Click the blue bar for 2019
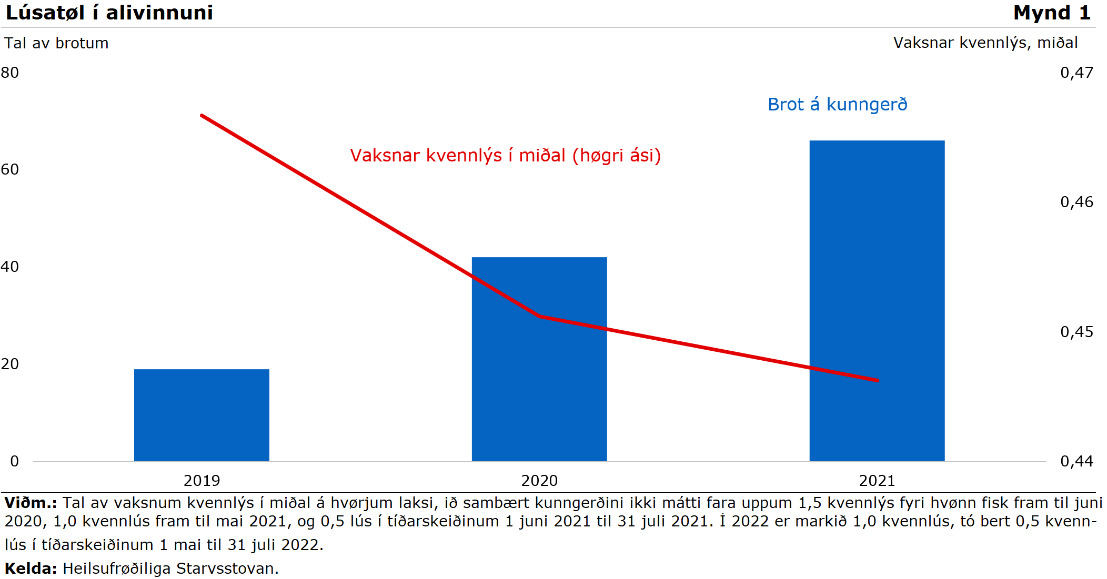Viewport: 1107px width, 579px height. tap(202, 415)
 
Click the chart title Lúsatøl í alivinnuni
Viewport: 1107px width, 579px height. tap(109, 13)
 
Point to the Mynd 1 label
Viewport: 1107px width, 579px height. tap(1052, 13)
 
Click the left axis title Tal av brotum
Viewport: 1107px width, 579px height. tap(56, 43)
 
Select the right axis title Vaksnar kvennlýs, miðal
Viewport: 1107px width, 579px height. tap(985, 43)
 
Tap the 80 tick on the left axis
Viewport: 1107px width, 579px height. tap(10, 73)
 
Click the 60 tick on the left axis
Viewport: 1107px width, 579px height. tap(10, 169)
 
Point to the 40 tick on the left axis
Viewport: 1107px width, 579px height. tap(10, 267)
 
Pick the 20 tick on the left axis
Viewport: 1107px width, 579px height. tap(10, 364)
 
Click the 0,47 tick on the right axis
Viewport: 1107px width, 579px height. tap(1076, 73)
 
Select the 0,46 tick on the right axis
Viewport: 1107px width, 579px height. tap(1076, 202)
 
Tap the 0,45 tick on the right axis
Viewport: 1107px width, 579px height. tap(1076, 332)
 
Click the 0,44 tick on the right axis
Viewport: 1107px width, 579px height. tap(1076, 461)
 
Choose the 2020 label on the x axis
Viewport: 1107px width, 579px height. tap(539, 481)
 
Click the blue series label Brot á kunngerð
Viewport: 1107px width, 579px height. tap(838, 105)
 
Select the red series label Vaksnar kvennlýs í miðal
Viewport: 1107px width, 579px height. tap(505, 156)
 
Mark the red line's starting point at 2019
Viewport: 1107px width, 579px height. tap(202, 115)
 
